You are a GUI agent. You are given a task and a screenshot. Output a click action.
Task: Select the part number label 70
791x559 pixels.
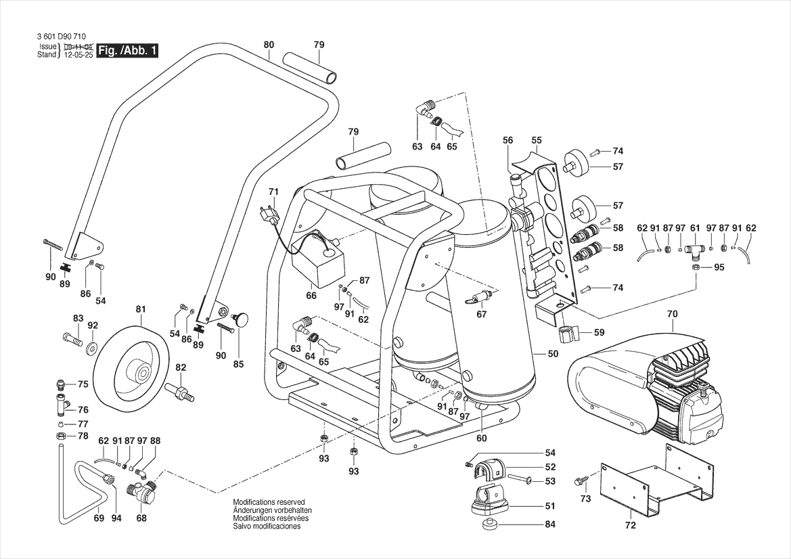coord(672,313)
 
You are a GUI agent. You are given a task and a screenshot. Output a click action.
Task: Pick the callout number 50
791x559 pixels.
coord(553,354)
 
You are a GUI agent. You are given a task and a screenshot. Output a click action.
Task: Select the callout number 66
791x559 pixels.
coord(311,295)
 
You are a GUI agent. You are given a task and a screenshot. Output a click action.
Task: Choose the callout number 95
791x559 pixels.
coord(719,267)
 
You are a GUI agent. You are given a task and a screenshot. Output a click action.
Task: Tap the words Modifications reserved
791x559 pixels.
coord(269,502)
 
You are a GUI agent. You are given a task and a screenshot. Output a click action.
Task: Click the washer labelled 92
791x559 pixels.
coord(90,346)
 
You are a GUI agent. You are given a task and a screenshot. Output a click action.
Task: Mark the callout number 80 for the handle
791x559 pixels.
coord(269,45)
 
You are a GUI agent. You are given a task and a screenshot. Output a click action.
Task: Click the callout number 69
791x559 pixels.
coord(99,519)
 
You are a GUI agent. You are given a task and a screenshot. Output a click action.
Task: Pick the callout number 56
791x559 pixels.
coord(508,140)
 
